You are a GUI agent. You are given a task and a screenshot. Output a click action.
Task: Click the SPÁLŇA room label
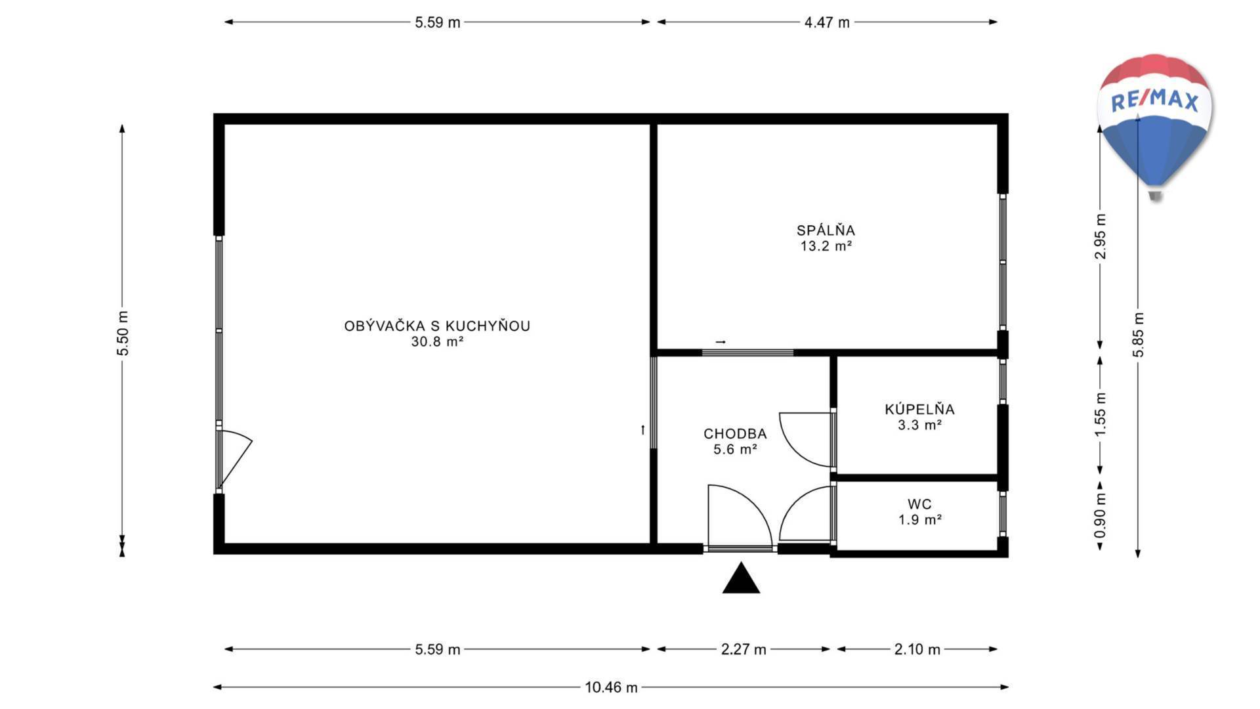coord(826,230)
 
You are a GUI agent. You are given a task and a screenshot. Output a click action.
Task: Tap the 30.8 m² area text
coord(437,341)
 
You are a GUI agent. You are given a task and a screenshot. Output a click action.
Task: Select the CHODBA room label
coord(735,434)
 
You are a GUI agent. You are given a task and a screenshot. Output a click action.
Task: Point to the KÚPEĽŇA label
coord(919,409)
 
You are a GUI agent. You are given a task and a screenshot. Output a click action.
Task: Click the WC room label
coord(919,504)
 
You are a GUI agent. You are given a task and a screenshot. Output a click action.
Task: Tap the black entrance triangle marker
coord(741,578)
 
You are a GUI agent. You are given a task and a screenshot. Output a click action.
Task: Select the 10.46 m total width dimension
coord(611,687)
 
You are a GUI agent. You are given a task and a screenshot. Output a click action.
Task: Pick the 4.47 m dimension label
coord(827,22)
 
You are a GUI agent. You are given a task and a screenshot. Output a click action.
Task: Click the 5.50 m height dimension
coord(123,333)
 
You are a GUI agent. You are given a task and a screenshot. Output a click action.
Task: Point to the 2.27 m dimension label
coord(744,649)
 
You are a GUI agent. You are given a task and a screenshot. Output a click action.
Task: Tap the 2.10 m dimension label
coord(917,649)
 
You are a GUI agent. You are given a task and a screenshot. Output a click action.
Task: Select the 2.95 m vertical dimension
coord(1101,236)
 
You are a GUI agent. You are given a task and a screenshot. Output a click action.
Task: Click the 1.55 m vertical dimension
coord(1101,415)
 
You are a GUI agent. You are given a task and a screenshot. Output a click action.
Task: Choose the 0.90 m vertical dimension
coord(1101,515)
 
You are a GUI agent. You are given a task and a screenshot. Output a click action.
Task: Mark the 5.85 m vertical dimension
coord(1138,335)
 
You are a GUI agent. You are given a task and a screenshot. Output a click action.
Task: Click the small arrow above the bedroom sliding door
coord(721,342)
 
